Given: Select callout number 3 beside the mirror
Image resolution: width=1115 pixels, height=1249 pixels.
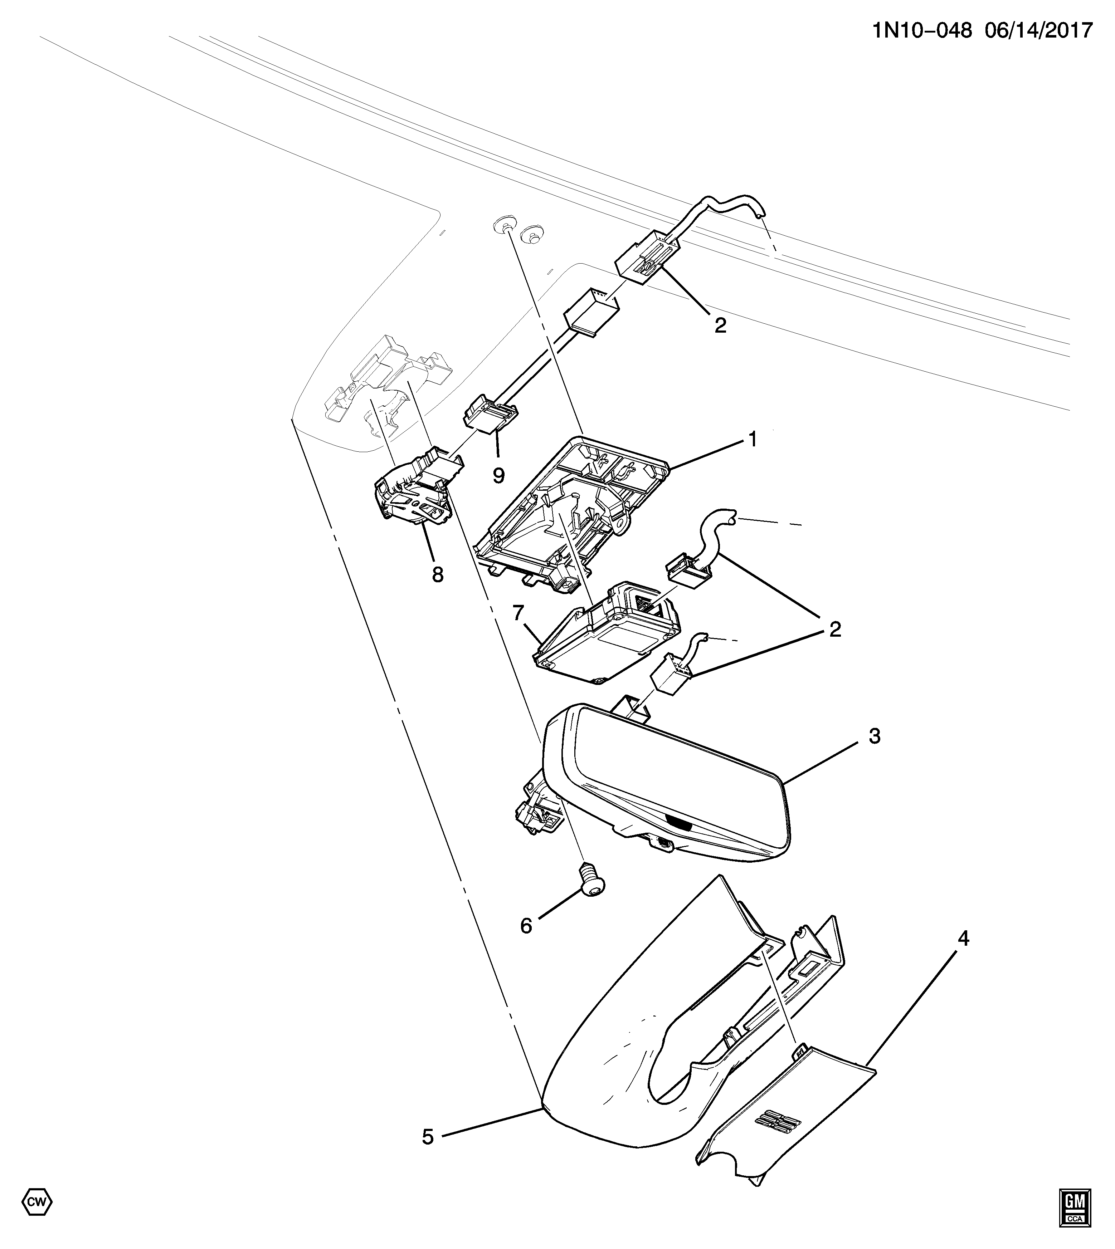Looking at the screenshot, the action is pyautogui.click(x=874, y=736).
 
